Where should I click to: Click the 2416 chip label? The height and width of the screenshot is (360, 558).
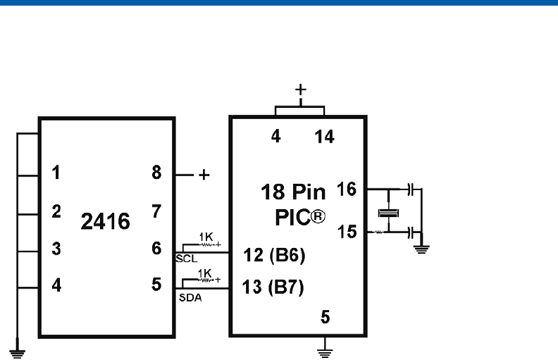[x=106, y=223]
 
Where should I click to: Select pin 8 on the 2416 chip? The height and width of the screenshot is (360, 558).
[x=157, y=173]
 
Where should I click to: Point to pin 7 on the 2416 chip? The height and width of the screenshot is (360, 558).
[x=157, y=211]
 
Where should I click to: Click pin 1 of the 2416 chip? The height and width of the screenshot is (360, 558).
[x=55, y=173]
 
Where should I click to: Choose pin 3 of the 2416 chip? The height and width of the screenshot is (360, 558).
[x=55, y=248]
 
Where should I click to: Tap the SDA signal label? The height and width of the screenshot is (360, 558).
[x=190, y=297]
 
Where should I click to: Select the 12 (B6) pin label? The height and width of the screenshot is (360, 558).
[x=273, y=256]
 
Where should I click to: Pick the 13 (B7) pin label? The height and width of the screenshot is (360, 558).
[x=273, y=288]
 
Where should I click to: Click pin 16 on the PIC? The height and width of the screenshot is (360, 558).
[x=347, y=188]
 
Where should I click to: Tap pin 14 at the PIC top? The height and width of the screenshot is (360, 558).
[x=325, y=137]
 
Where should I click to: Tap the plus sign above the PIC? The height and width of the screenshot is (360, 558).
[x=301, y=89]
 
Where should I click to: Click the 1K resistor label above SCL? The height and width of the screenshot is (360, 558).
[x=206, y=235]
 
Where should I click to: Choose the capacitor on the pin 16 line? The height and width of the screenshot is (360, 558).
[x=412, y=189]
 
